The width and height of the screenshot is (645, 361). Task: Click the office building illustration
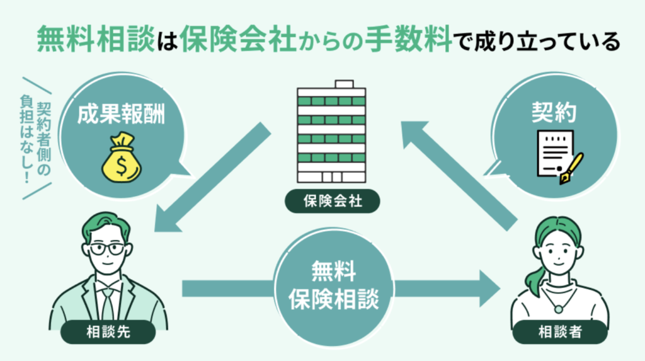[332, 132]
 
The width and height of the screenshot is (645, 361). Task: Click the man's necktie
[108, 302]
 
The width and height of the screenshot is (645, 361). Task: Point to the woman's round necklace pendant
[558, 309]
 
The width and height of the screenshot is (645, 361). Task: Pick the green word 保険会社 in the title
[230, 40]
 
